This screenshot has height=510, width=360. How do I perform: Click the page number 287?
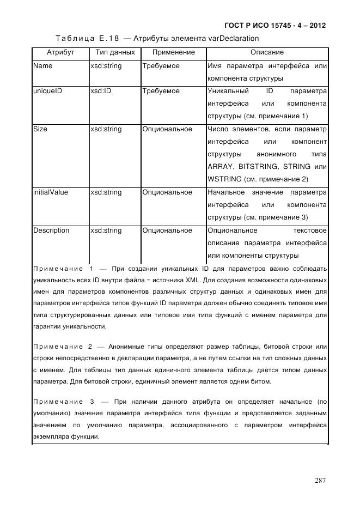click(x=320, y=480)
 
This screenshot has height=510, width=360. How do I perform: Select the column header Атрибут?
click(x=60, y=53)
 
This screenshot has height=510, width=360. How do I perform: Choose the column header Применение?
click(x=173, y=53)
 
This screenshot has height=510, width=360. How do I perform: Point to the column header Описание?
click(x=267, y=53)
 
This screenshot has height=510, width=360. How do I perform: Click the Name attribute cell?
click(x=42, y=66)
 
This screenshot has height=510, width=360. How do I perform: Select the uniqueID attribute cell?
click(x=47, y=91)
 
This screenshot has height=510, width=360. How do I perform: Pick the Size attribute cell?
click(x=40, y=129)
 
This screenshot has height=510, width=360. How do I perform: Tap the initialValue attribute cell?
click(x=51, y=192)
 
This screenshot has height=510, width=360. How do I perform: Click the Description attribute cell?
click(x=51, y=230)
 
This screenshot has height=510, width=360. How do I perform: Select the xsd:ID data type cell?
click(x=101, y=91)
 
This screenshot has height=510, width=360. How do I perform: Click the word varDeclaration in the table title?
click(x=230, y=38)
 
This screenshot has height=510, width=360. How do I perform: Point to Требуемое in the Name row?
click(x=161, y=66)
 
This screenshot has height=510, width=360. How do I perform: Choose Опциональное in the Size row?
click(x=167, y=129)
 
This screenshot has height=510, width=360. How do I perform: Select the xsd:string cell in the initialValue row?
click(x=106, y=192)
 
